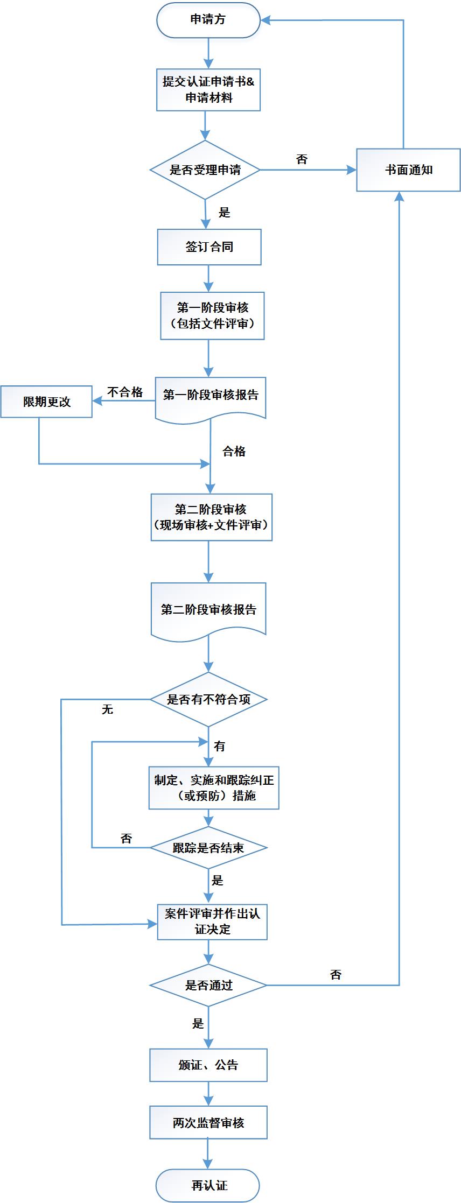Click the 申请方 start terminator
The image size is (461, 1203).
point(208,20)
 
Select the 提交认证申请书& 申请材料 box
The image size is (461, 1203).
point(208,90)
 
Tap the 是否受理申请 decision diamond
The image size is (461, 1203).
point(205,170)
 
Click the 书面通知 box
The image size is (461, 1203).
point(408,170)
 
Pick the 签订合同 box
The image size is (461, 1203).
point(209,247)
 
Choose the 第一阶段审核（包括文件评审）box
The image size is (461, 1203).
point(212,315)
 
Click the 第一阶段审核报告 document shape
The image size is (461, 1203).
point(211,396)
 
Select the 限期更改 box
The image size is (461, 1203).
point(46,402)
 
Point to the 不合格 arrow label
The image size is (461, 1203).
point(125,392)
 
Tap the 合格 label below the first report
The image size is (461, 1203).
point(234,452)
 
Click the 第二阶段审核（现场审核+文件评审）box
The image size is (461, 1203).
point(211,517)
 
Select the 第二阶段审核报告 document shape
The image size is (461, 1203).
point(208,610)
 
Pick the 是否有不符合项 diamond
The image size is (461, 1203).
point(208,699)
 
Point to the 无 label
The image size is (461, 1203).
point(107,709)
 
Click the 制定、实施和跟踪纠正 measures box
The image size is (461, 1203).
point(214,787)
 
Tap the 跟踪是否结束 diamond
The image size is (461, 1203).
point(208,848)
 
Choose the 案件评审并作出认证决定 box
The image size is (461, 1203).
point(212,921)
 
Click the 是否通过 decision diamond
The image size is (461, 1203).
point(208,986)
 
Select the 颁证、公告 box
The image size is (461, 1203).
point(208,1065)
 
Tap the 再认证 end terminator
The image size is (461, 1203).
point(208,1185)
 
